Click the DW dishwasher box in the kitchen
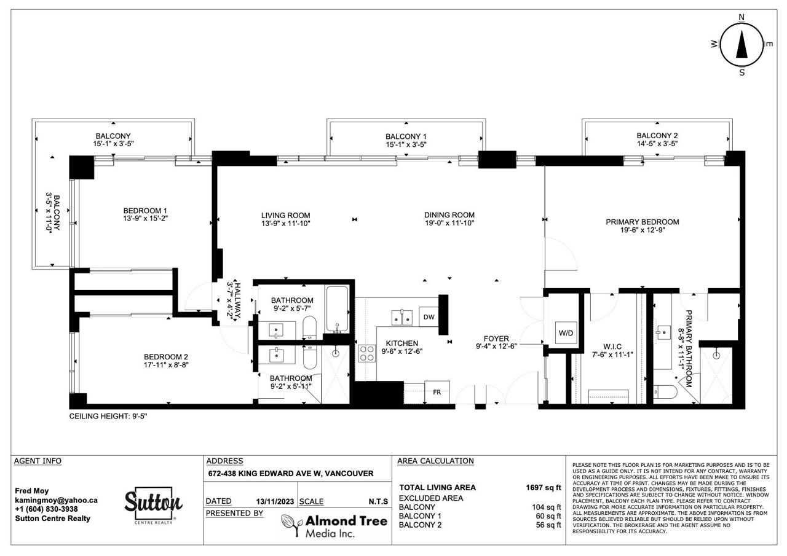[x=429, y=317]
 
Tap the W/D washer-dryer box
[x=566, y=333]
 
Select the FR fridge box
[x=437, y=392]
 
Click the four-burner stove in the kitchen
[x=367, y=353]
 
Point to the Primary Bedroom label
[x=643, y=222]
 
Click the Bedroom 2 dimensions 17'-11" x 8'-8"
[x=166, y=365]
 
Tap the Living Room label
[x=285, y=216]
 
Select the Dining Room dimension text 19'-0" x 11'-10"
[x=449, y=223]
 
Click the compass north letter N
[x=742, y=17]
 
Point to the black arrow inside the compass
[x=742, y=49]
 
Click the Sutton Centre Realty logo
[x=154, y=505]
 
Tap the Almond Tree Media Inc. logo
[x=334, y=526]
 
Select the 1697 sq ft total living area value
[x=543, y=488]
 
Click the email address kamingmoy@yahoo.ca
[x=56, y=500]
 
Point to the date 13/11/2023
[x=275, y=501]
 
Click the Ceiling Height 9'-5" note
[x=108, y=417]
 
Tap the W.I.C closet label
[x=612, y=347]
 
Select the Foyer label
[x=496, y=339]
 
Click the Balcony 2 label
[x=657, y=136]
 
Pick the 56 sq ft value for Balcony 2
[x=548, y=525]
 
